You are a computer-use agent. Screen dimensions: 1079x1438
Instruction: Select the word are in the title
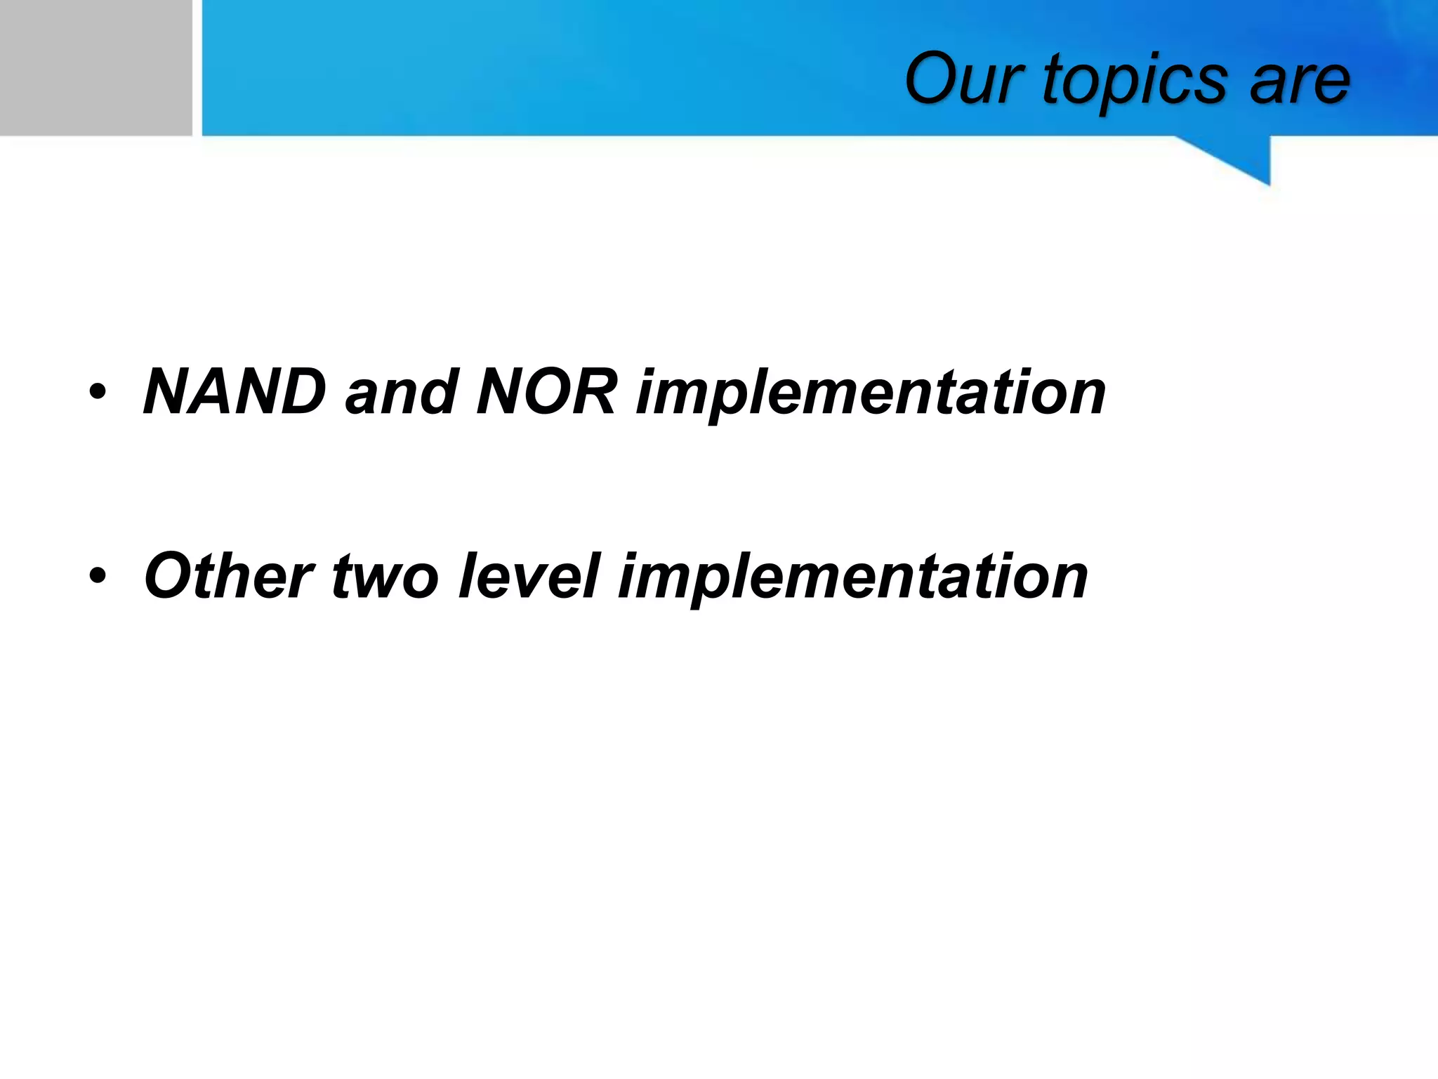click(1300, 81)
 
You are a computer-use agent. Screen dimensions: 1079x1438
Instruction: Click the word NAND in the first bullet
click(235, 391)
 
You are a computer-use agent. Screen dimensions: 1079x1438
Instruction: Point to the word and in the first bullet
click(401, 391)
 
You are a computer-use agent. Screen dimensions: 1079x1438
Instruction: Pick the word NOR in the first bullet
click(547, 391)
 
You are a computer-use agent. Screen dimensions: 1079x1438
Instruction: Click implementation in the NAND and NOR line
click(871, 395)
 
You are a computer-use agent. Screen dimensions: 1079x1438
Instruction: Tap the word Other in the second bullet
click(228, 576)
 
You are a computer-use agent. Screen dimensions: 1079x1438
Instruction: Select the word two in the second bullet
click(385, 577)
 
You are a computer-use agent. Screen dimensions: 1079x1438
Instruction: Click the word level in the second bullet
click(529, 576)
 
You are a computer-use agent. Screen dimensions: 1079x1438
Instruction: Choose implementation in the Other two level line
click(852, 580)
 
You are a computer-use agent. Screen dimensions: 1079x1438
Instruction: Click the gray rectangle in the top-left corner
click(95, 67)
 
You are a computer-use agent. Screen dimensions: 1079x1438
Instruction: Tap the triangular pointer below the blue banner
click(1243, 159)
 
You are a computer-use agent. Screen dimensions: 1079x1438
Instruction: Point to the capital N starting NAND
click(169, 391)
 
